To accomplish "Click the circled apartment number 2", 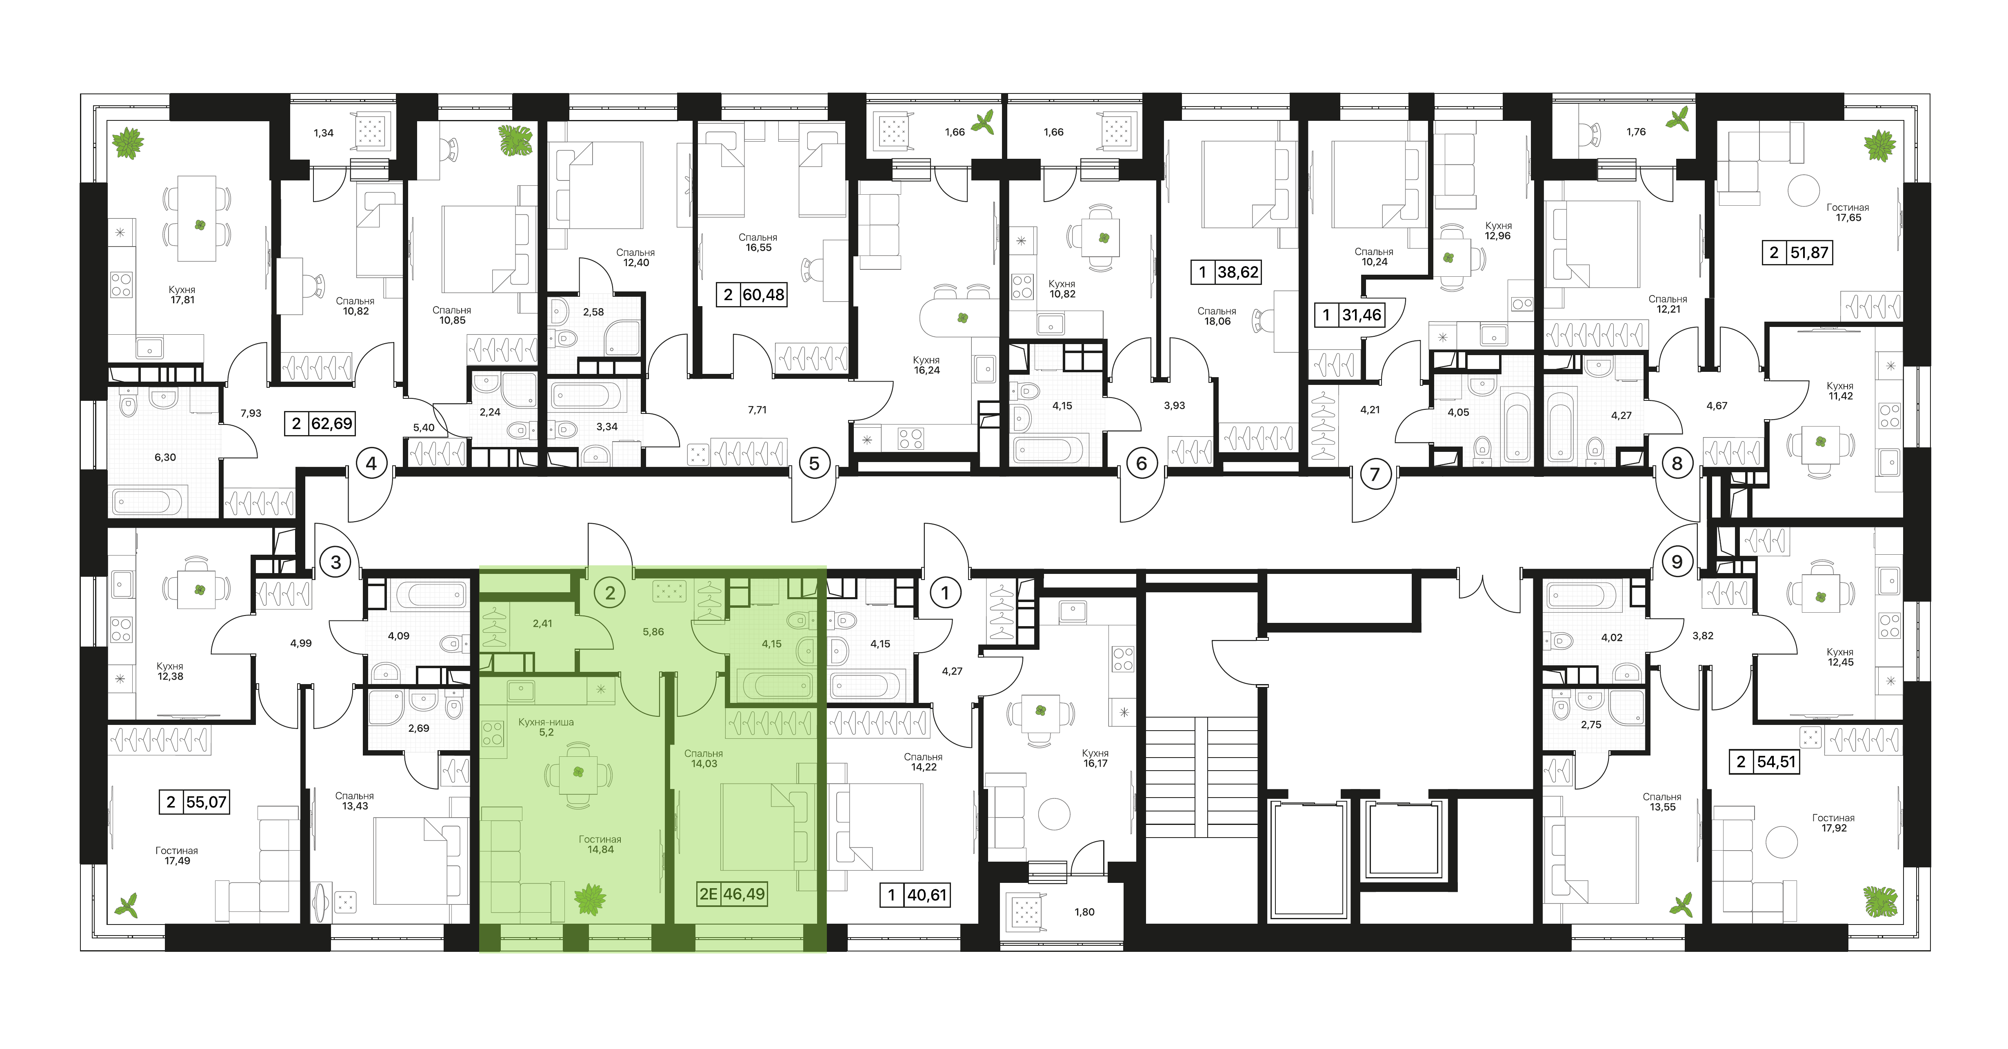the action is click(x=610, y=593).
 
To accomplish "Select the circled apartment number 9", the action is click(x=1677, y=561).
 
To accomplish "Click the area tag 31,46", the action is click(x=1349, y=315).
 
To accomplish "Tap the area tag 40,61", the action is click(x=916, y=895).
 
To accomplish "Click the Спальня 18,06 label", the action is click(x=1217, y=316).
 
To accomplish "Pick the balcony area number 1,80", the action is click(x=1084, y=912).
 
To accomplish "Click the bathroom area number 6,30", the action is click(x=165, y=458).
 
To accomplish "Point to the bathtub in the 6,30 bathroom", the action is click(x=148, y=501).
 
